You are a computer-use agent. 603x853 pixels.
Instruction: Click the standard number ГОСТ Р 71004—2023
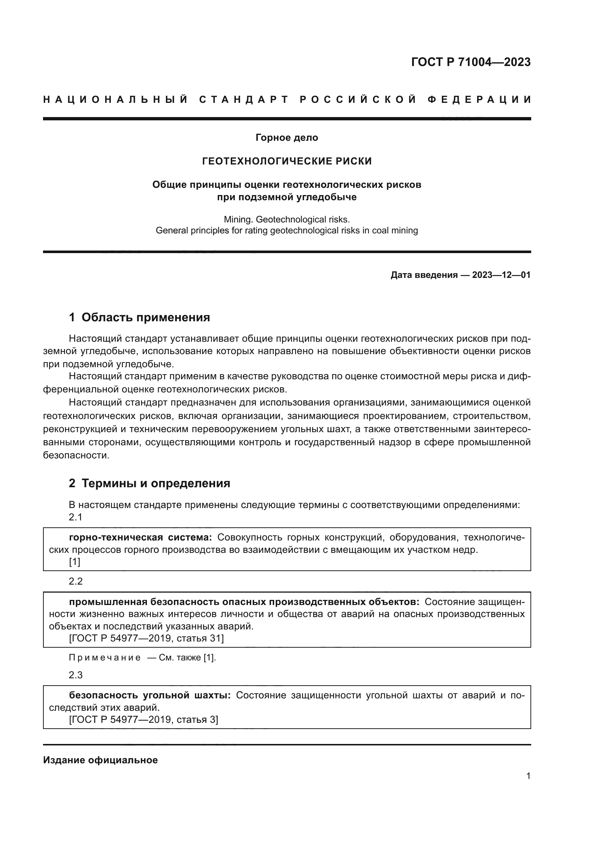pos(470,62)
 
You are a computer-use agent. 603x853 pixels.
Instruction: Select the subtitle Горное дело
pos(287,137)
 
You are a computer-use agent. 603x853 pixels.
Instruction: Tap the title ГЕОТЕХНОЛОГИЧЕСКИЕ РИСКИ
pos(287,161)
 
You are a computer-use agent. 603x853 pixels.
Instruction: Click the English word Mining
pos(238,219)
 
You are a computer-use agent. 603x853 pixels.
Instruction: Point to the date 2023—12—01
pos(501,275)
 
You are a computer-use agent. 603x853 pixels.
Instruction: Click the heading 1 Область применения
pos(139,317)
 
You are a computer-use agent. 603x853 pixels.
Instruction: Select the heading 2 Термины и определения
pos(149,483)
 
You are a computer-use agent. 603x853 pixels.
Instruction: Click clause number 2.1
pos(75,517)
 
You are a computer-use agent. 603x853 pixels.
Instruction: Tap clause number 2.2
pos(75,581)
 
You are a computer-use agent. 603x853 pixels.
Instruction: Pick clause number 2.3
pos(75,675)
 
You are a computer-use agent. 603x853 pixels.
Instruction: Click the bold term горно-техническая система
pos(140,537)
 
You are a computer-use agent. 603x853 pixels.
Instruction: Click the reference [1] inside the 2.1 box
pos(74,562)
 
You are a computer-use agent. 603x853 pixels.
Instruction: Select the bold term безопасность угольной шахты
pos(149,695)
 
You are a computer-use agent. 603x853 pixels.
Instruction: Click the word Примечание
pos(105,658)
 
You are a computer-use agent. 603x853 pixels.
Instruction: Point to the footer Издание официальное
pos(100,760)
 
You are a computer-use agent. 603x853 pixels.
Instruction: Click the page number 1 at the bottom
pos(528,776)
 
